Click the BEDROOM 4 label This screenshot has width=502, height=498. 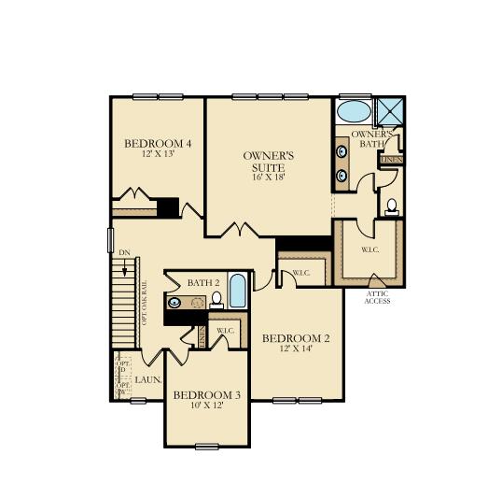click(158, 143)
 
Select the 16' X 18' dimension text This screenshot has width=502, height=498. click(269, 177)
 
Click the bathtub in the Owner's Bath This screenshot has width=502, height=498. click(353, 113)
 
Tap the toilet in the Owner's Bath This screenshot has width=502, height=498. click(391, 207)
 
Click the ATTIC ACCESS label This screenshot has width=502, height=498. click(378, 297)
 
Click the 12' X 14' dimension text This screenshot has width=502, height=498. click(295, 349)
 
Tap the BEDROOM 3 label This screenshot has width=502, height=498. click(207, 395)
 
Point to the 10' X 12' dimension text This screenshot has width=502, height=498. click(207, 406)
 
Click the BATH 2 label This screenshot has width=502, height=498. click(202, 282)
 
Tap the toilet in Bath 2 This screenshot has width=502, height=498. click(216, 300)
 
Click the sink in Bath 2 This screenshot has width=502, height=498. click(175, 302)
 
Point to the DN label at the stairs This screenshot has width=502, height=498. click(124, 252)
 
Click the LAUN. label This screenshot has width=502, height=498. click(148, 380)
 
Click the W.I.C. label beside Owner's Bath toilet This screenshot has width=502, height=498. click(369, 249)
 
